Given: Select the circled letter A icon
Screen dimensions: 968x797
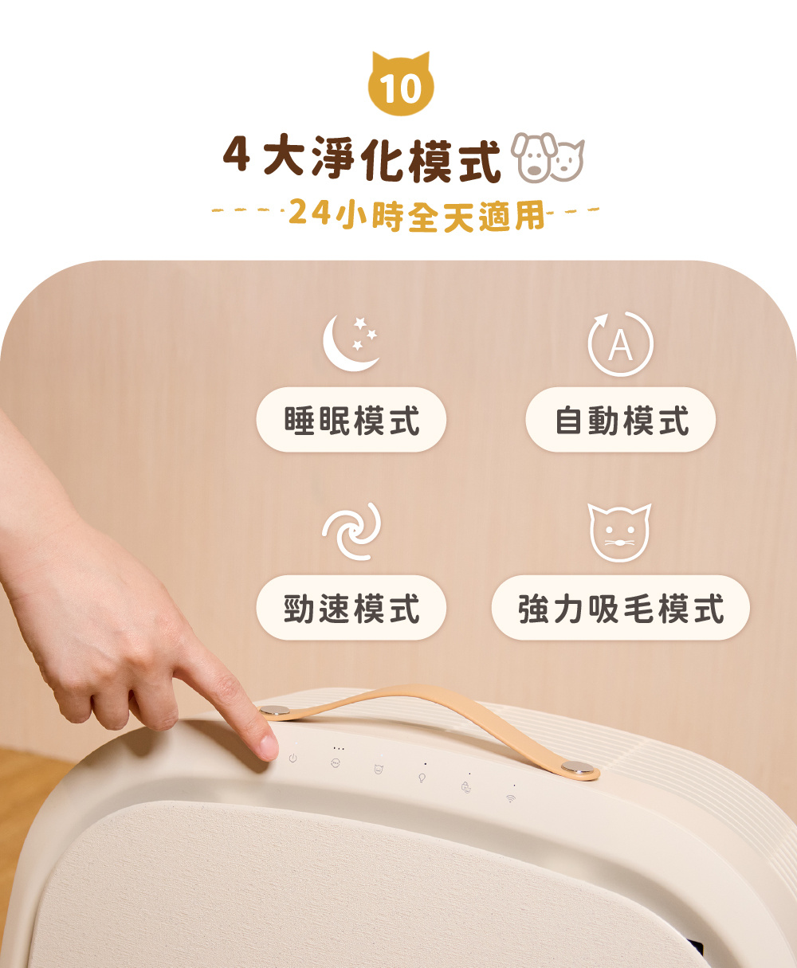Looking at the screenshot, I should coord(620,344).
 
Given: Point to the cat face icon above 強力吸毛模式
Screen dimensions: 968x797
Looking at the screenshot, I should coord(620,532).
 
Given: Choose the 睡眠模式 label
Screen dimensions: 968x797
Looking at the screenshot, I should coord(351,420).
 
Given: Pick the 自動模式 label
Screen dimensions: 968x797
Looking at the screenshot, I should coord(620,420).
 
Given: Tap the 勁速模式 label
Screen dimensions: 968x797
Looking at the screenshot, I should coord(351,608).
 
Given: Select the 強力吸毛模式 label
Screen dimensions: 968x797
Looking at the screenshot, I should coord(620,608).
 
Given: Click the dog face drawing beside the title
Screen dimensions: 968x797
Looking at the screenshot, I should coord(532,158).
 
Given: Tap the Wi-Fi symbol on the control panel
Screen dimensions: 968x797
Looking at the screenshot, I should coord(510,798).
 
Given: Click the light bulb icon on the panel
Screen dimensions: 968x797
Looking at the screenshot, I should coord(422,777).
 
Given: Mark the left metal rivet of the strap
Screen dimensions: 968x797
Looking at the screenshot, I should coord(273,711).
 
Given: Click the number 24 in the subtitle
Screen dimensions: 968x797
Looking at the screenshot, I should coord(309,214).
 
